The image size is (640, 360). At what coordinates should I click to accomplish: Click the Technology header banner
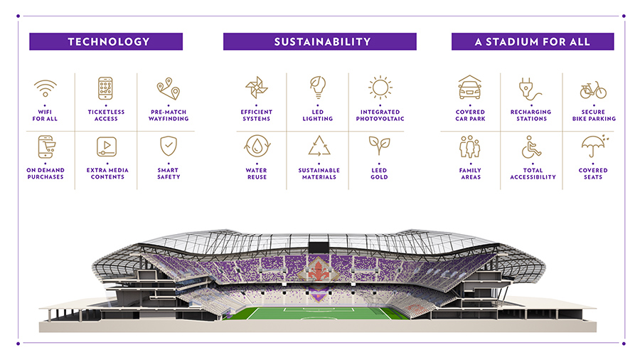coord(106,42)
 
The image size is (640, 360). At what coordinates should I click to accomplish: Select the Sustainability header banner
coord(319,42)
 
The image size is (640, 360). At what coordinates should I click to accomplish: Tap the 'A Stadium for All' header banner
coord(533,42)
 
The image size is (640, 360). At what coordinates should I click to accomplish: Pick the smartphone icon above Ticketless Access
coord(105,88)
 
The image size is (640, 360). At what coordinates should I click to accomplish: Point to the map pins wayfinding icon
coord(168,88)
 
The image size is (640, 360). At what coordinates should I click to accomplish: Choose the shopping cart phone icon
coord(46,147)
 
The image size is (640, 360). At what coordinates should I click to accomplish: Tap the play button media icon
coord(107,147)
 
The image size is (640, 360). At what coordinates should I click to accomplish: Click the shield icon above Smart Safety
coord(168,146)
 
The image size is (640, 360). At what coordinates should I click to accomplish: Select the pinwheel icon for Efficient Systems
coord(256,88)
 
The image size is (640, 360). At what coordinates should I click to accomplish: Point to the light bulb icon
coord(318,88)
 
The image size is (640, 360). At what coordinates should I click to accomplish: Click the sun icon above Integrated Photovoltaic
coord(380,88)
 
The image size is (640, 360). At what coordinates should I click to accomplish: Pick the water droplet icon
coord(257,146)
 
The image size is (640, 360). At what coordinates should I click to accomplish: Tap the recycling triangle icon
coord(319,146)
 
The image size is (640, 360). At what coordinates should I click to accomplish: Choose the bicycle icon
coord(594,90)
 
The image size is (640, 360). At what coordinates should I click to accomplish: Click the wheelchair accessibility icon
coord(531,147)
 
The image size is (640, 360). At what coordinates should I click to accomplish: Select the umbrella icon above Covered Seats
coord(594,146)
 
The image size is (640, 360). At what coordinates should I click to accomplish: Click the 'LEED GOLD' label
coord(379,174)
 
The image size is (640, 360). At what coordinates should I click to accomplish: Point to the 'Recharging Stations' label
coord(531,115)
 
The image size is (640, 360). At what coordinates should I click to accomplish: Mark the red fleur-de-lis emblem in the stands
coord(319,270)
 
